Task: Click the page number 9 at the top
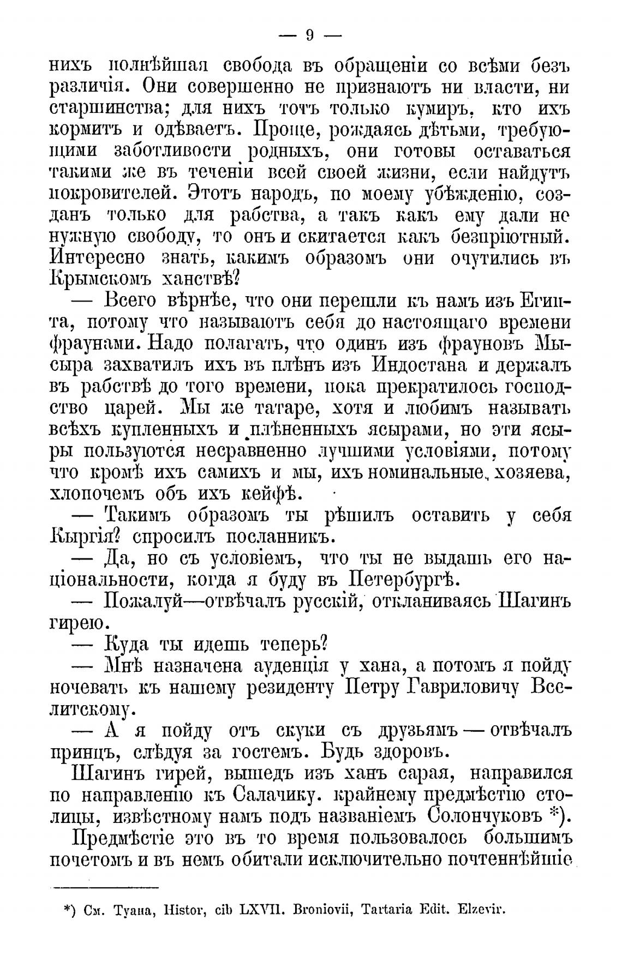pyautogui.click(x=309, y=36)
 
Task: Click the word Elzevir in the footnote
pyautogui.click(x=482, y=910)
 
